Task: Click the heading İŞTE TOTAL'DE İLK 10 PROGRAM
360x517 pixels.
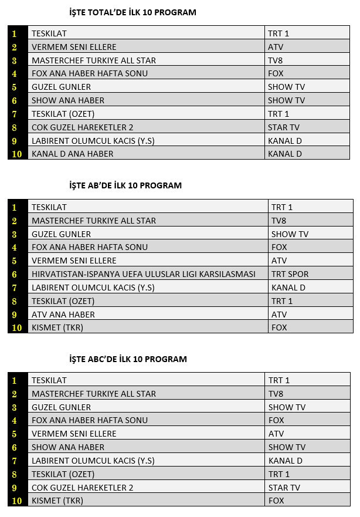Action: tap(133, 12)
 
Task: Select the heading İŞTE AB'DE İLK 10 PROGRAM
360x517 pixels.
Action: tap(125, 185)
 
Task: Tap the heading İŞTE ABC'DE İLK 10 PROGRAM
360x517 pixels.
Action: tap(128, 359)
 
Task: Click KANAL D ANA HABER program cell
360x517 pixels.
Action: tap(73, 154)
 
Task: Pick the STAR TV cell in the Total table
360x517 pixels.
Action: tap(284, 127)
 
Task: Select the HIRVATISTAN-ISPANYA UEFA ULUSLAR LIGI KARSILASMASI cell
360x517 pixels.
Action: tap(144, 274)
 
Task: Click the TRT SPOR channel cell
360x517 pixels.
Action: tap(290, 274)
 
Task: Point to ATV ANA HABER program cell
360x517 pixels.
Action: tap(63, 315)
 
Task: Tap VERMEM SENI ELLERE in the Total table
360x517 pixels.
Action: tap(74, 47)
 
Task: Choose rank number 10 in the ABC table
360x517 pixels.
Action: tap(17, 501)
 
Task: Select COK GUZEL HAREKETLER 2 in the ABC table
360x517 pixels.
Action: tap(83, 488)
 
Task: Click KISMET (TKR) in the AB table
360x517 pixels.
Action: tap(57, 327)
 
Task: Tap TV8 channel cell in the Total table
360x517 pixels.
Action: tap(276, 60)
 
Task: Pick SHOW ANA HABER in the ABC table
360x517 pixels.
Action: tap(68, 447)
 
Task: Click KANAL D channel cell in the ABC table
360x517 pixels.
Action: tap(286, 461)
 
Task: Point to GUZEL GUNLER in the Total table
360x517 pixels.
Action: tap(62, 87)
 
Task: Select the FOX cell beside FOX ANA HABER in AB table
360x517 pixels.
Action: tap(279, 247)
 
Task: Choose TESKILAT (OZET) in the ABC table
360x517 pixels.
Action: tap(63, 474)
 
